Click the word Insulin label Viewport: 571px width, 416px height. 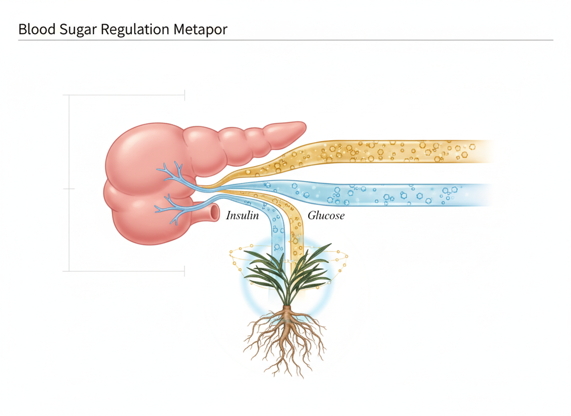(x=242, y=215)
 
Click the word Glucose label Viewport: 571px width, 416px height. (x=326, y=215)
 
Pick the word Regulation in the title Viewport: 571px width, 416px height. (x=128, y=29)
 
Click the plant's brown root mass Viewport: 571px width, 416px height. (x=285, y=337)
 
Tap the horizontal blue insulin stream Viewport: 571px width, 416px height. (x=386, y=195)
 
